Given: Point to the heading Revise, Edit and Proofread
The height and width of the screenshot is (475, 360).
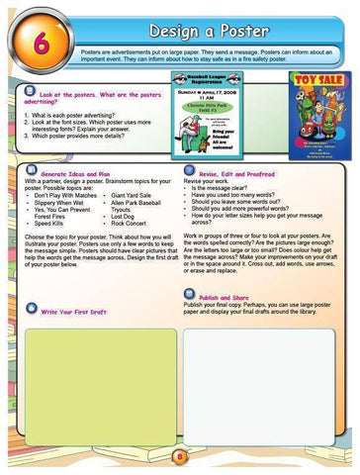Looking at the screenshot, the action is pyautogui.click(x=244, y=173).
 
